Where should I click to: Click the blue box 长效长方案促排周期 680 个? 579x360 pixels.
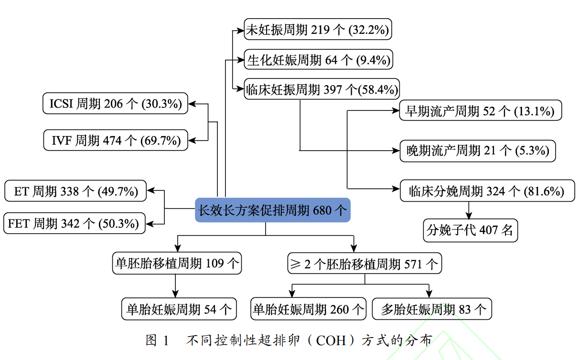pos(272,210)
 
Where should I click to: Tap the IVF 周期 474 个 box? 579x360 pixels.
pos(116,140)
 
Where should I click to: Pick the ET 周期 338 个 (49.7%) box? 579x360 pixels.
pos(75,192)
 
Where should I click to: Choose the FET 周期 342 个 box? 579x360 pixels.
pos(74,223)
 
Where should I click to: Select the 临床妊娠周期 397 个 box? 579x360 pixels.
pos(322,89)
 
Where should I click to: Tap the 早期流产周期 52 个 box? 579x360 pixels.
pos(480,111)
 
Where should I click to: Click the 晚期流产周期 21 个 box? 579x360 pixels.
pos(478,151)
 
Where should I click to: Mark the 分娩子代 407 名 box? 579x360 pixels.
pos(470,230)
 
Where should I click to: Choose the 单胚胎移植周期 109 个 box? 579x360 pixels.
pos(177,263)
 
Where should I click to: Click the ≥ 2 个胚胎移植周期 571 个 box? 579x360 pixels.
pos(365,263)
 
